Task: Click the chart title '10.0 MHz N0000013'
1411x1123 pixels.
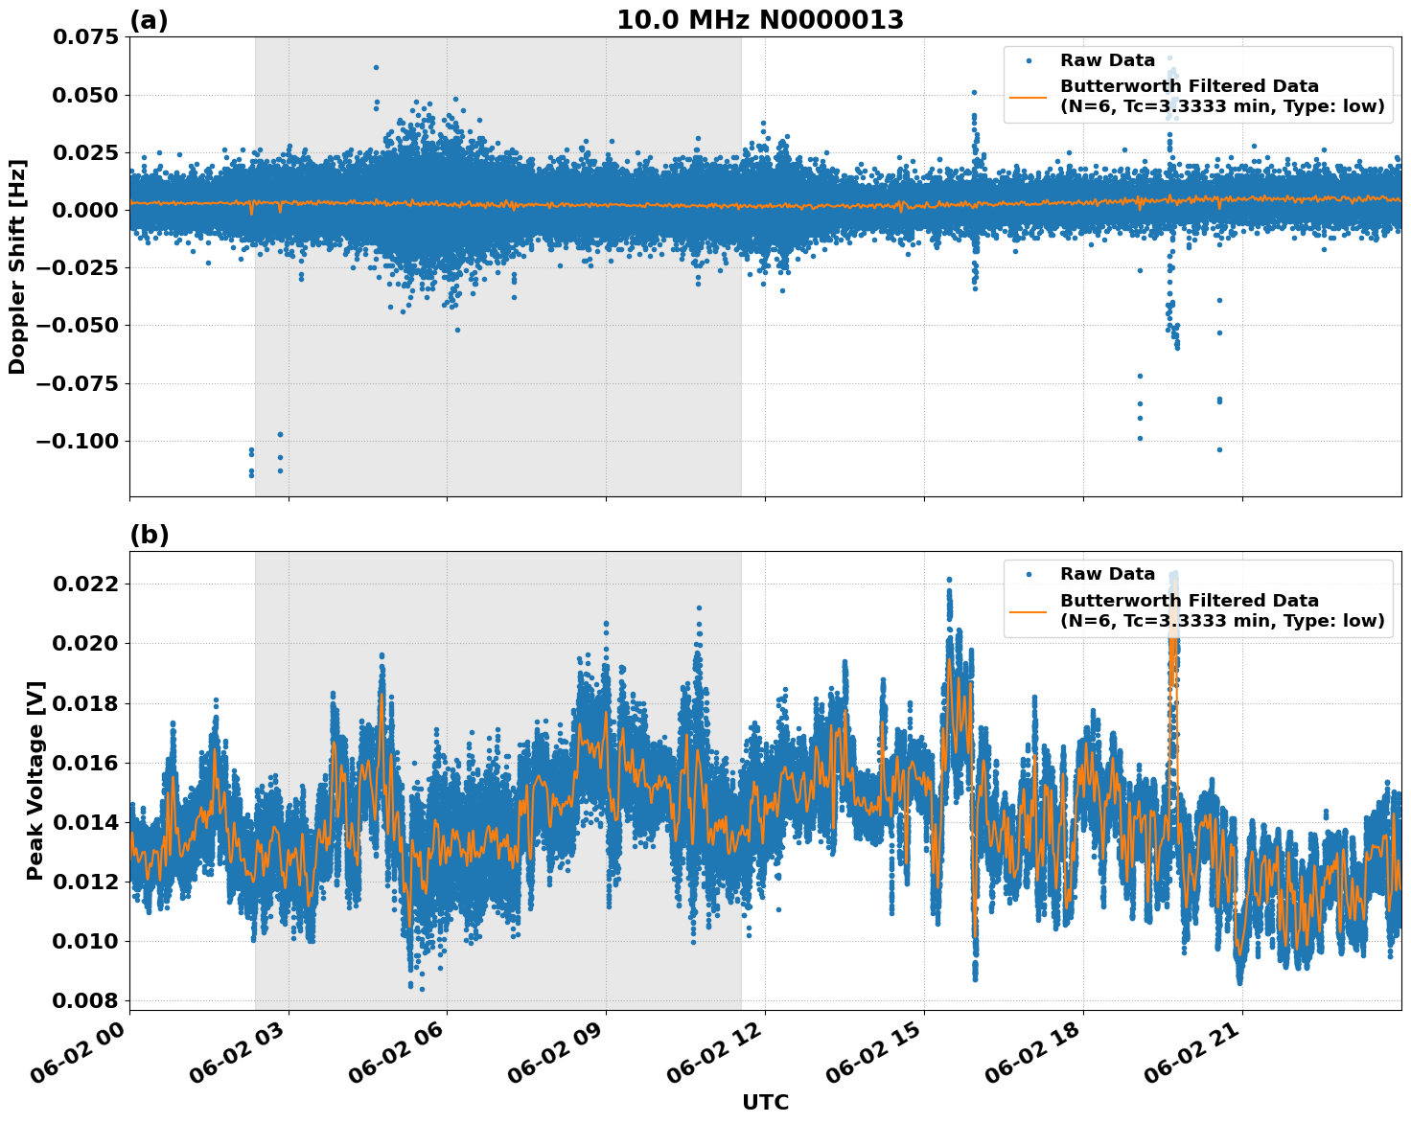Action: (759, 20)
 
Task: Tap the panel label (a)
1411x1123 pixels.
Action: (149, 20)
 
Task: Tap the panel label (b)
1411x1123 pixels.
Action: (149, 535)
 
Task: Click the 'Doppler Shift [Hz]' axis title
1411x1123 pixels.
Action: (17, 266)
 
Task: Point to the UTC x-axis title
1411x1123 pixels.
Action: (765, 1102)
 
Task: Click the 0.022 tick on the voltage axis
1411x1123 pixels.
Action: (90, 584)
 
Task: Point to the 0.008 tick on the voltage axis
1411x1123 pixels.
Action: (90, 1000)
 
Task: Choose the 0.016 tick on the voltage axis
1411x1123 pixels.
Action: (90, 763)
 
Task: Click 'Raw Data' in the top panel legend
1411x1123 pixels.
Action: (1107, 60)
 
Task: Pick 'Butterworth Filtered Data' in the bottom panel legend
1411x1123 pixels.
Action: (1189, 601)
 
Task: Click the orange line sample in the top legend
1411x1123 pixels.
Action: (1028, 97)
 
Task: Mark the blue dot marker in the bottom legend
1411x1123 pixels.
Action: (1028, 574)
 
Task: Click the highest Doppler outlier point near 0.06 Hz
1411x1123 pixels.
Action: (376, 67)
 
